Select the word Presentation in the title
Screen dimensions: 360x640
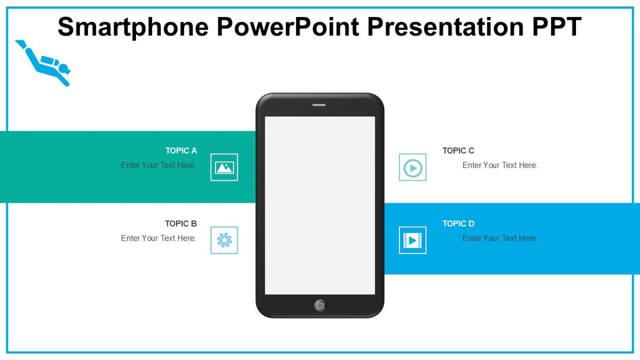[443, 27]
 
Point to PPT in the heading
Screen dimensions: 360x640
[554, 27]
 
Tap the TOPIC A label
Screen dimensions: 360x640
[181, 151]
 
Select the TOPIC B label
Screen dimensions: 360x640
[181, 224]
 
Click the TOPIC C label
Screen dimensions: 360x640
[458, 151]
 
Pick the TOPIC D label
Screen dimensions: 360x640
[458, 224]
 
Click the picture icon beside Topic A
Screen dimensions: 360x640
[224, 167]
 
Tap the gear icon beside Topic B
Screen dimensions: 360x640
[224, 240]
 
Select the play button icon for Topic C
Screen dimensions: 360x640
[413, 167]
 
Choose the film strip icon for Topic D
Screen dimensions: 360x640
[413, 240]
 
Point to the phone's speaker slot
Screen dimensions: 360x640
[319, 105]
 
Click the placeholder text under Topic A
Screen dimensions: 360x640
[158, 165]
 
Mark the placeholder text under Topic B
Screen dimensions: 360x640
[158, 238]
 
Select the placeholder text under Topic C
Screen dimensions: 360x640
[500, 165]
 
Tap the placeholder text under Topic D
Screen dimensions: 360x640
[500, 238]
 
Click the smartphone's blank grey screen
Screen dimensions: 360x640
[320, 205]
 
